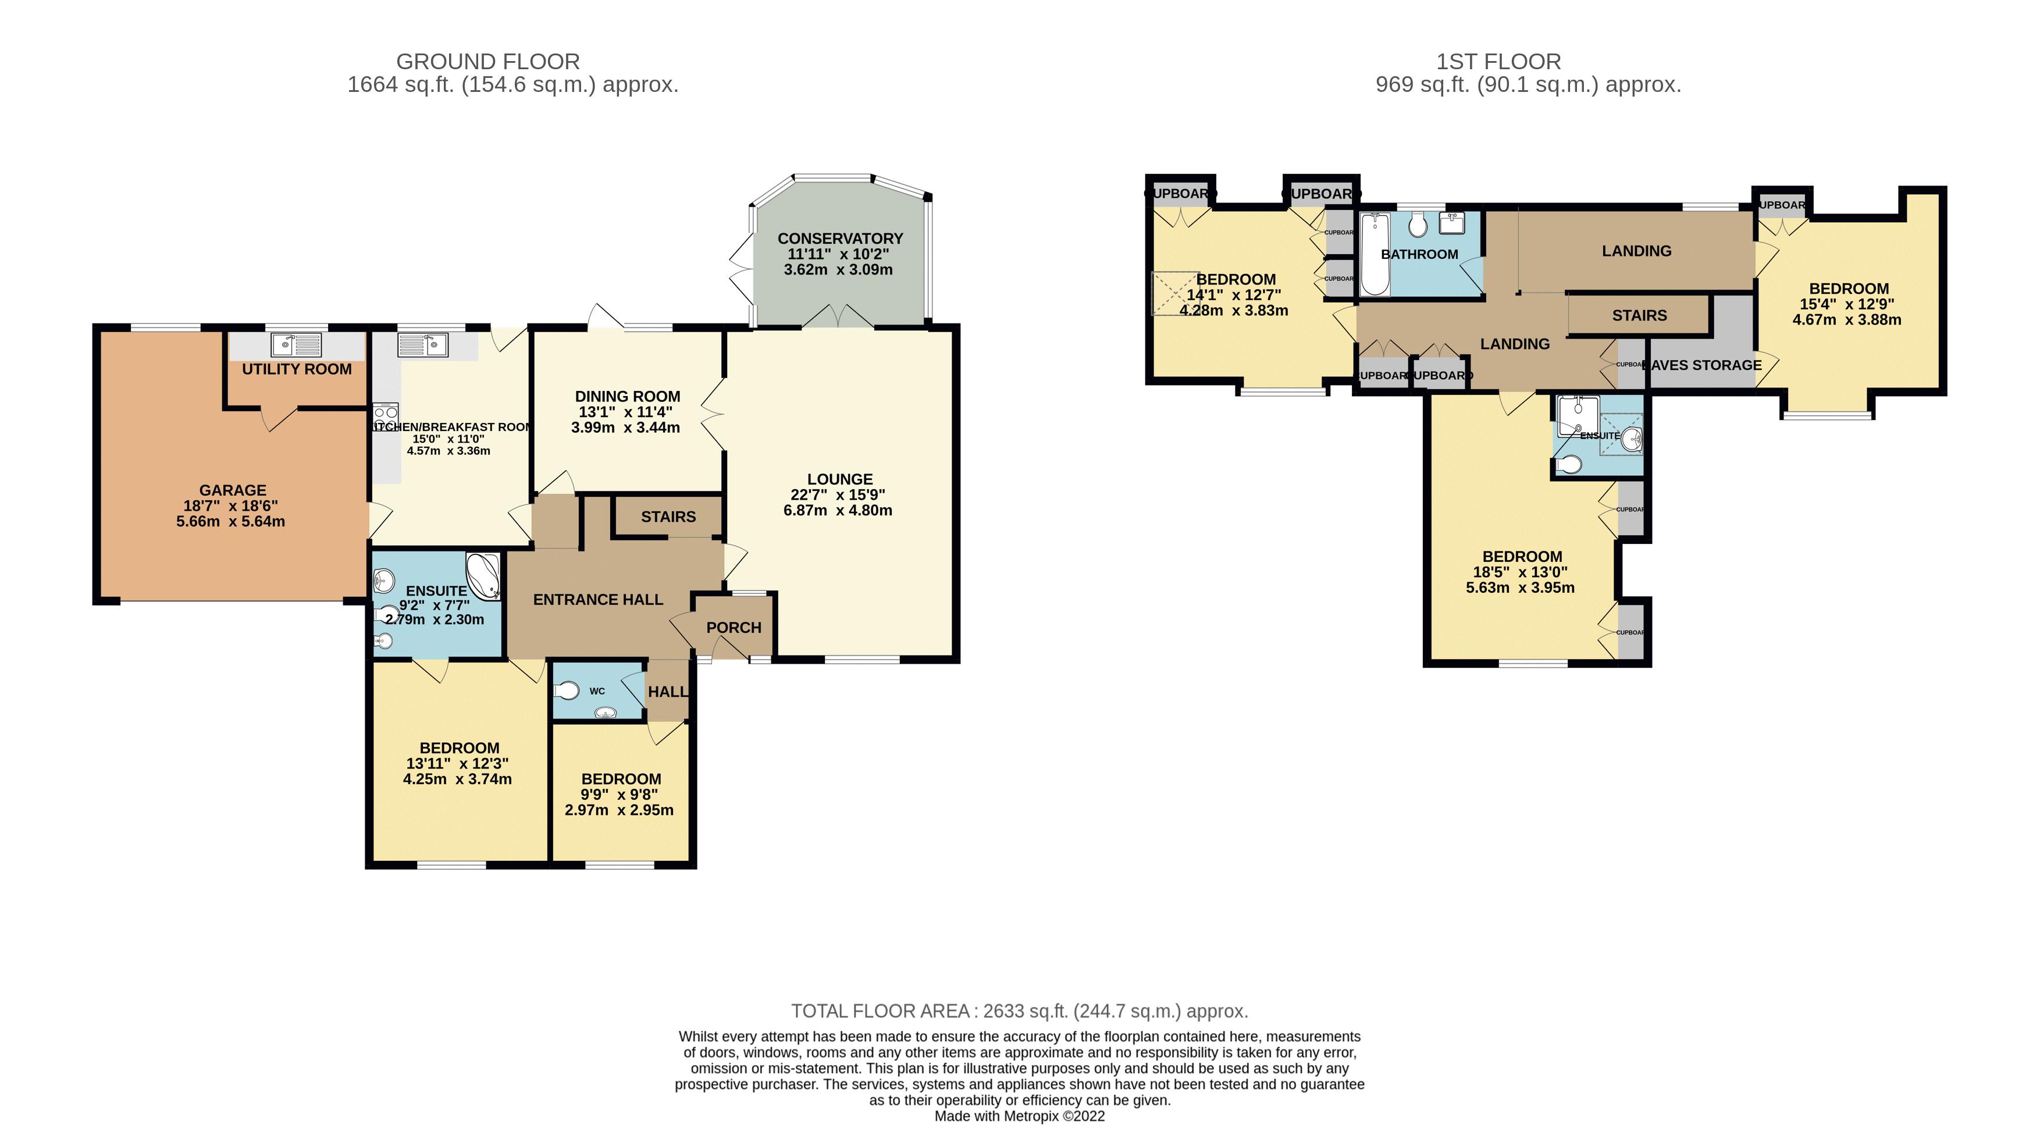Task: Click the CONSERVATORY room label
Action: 839,238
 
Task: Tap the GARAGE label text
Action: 232,490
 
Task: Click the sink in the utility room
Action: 296,345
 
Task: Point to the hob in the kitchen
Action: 386,417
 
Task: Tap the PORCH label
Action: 734,627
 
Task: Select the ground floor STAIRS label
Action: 668,516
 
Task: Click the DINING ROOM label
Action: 627,396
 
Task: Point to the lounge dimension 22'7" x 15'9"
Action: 838,495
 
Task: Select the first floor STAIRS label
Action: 1639,315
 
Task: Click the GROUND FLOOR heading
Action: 488,61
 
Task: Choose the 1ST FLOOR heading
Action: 1498,61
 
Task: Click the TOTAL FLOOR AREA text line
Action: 1019,1011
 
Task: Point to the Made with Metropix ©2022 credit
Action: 1019,1116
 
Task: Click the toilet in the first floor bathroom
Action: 1418,226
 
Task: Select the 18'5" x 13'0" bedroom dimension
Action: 1520,572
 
